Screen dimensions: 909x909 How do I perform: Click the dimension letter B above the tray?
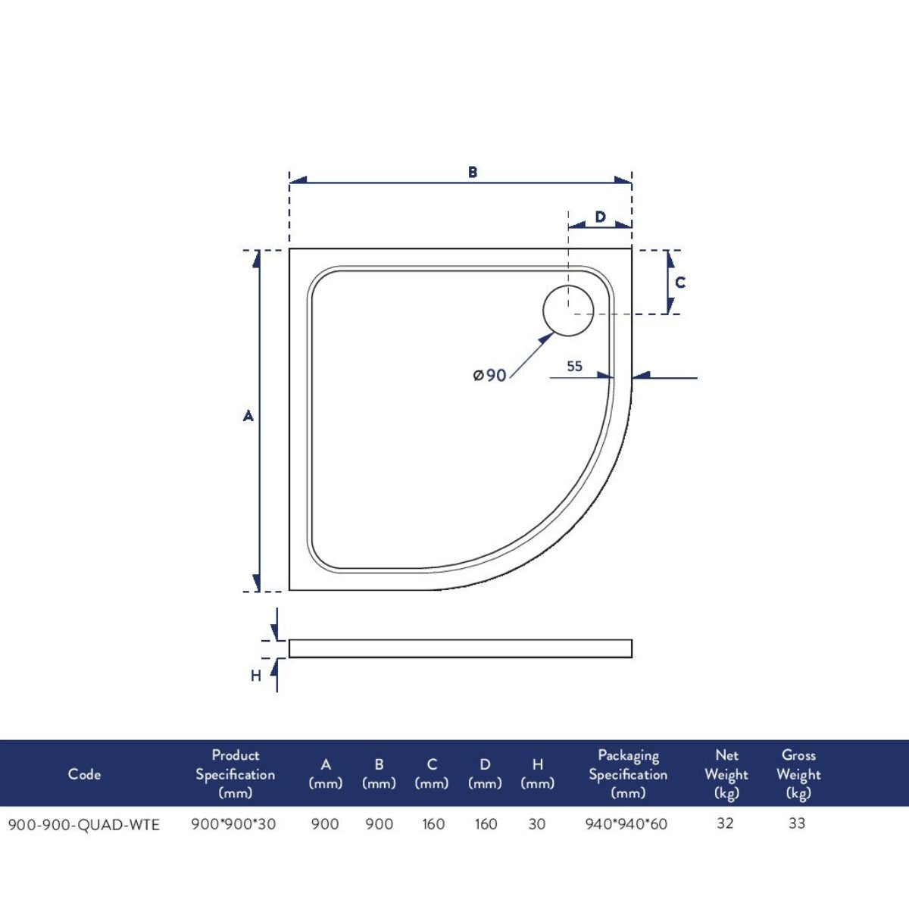[x=473, y=173]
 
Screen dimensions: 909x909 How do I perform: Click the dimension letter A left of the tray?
[x=248, y=416]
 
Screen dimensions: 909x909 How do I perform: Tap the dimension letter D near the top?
[x=600, y=217]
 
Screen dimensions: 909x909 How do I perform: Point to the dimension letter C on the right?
[x=680, y=283]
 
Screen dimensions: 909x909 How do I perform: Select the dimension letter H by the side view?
[x=256, y=675]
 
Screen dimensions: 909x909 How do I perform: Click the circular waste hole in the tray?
[x=568, y=311]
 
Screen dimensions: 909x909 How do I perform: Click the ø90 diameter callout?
[x=490, y=375]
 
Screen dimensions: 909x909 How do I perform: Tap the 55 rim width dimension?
[x=575, y=367]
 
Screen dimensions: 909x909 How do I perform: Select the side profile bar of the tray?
[x=460, y=648]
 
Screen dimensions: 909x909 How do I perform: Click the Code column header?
[x=84, y=774]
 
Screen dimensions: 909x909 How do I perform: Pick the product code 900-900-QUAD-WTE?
[x=84, y=824]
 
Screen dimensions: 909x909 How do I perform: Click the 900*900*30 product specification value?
[x=234, y=824]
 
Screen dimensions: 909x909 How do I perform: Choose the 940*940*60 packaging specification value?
[x=626, y=824]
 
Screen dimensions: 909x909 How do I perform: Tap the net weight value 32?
[x=725, y=823]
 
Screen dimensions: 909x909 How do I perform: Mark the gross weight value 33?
[x=797, y=823]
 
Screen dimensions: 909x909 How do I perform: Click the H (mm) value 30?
[x=537, y=824]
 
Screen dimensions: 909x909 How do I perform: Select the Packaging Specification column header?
[x=628, y=774]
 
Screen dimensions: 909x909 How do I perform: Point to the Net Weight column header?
[x=726, y=774]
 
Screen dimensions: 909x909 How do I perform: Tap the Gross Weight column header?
[x=798, y=774]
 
